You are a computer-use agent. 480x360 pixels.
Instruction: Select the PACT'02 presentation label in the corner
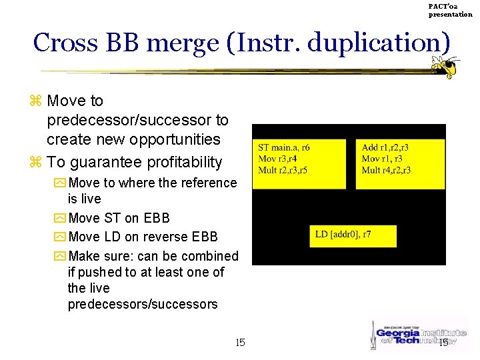450,10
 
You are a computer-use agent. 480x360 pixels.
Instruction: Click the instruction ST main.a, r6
284,147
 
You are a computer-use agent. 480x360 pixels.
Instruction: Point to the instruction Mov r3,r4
277,159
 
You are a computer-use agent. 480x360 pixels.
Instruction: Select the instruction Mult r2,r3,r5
283,170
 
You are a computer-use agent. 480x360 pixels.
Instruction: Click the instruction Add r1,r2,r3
385,147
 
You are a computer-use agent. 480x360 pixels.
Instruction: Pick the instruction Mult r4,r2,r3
386,170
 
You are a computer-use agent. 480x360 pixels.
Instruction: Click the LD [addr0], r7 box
353,236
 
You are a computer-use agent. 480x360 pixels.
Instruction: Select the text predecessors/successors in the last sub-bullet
143,305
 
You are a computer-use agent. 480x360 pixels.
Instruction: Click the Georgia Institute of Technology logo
413,335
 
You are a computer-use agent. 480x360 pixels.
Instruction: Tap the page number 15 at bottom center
241,343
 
